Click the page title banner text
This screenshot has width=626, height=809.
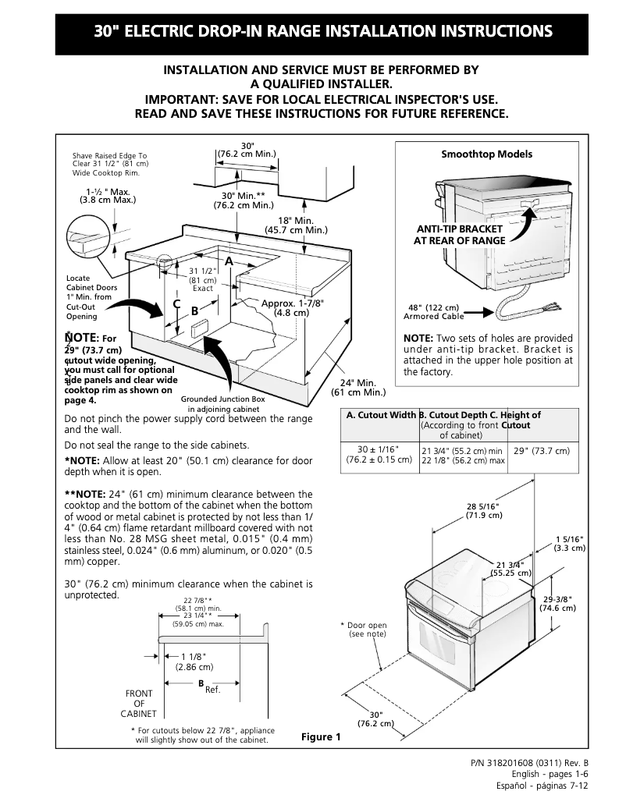323,32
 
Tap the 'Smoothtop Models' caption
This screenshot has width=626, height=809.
486,154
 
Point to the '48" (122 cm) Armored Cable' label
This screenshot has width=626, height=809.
433,311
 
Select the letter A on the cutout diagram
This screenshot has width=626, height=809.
229,260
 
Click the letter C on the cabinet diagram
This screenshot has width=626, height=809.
176,303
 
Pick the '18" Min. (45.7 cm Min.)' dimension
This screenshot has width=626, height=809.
296,225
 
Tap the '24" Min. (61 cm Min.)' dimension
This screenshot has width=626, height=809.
355,387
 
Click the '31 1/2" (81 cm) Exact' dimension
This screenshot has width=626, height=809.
203,279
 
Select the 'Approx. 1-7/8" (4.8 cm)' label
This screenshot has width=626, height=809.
292,307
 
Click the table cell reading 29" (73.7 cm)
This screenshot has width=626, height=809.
542,451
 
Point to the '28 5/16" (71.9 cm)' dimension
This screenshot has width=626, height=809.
483,511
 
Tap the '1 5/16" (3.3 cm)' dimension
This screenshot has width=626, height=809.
570,544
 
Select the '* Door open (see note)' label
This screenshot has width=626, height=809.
364,630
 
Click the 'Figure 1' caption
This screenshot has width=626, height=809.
321,737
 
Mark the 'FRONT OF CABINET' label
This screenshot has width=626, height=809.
139,703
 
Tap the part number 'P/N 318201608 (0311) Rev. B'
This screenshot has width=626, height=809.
529,761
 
